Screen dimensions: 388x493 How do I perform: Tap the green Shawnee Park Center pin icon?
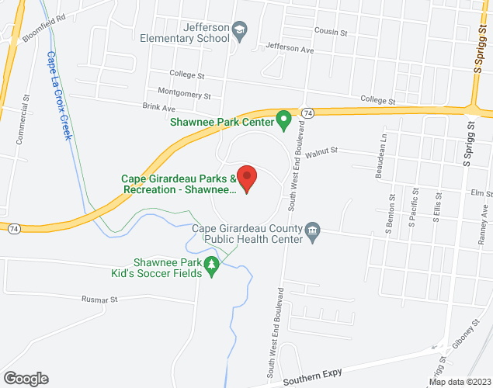point(284,120)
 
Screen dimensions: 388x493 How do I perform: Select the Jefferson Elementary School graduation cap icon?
point(240,30)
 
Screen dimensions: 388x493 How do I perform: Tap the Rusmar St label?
point(99,299)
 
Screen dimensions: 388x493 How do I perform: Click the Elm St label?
point(481,193)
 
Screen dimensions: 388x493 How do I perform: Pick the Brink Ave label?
point(155,108)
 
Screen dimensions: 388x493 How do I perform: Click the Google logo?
point(25,378)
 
